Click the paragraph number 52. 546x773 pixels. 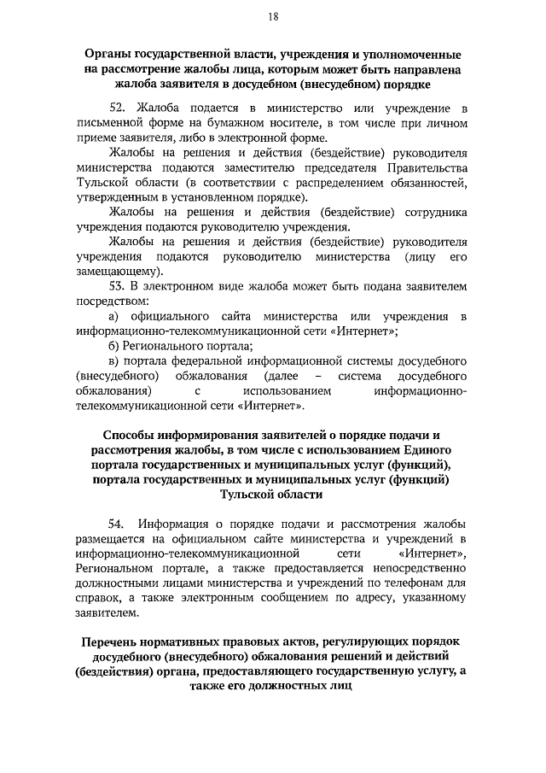pyautogui.click(x=119, y=110)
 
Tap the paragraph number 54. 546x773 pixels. pyautogui.click(x=119, y=522)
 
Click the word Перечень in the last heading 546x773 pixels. pyautogui.click(x=116, y=641)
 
